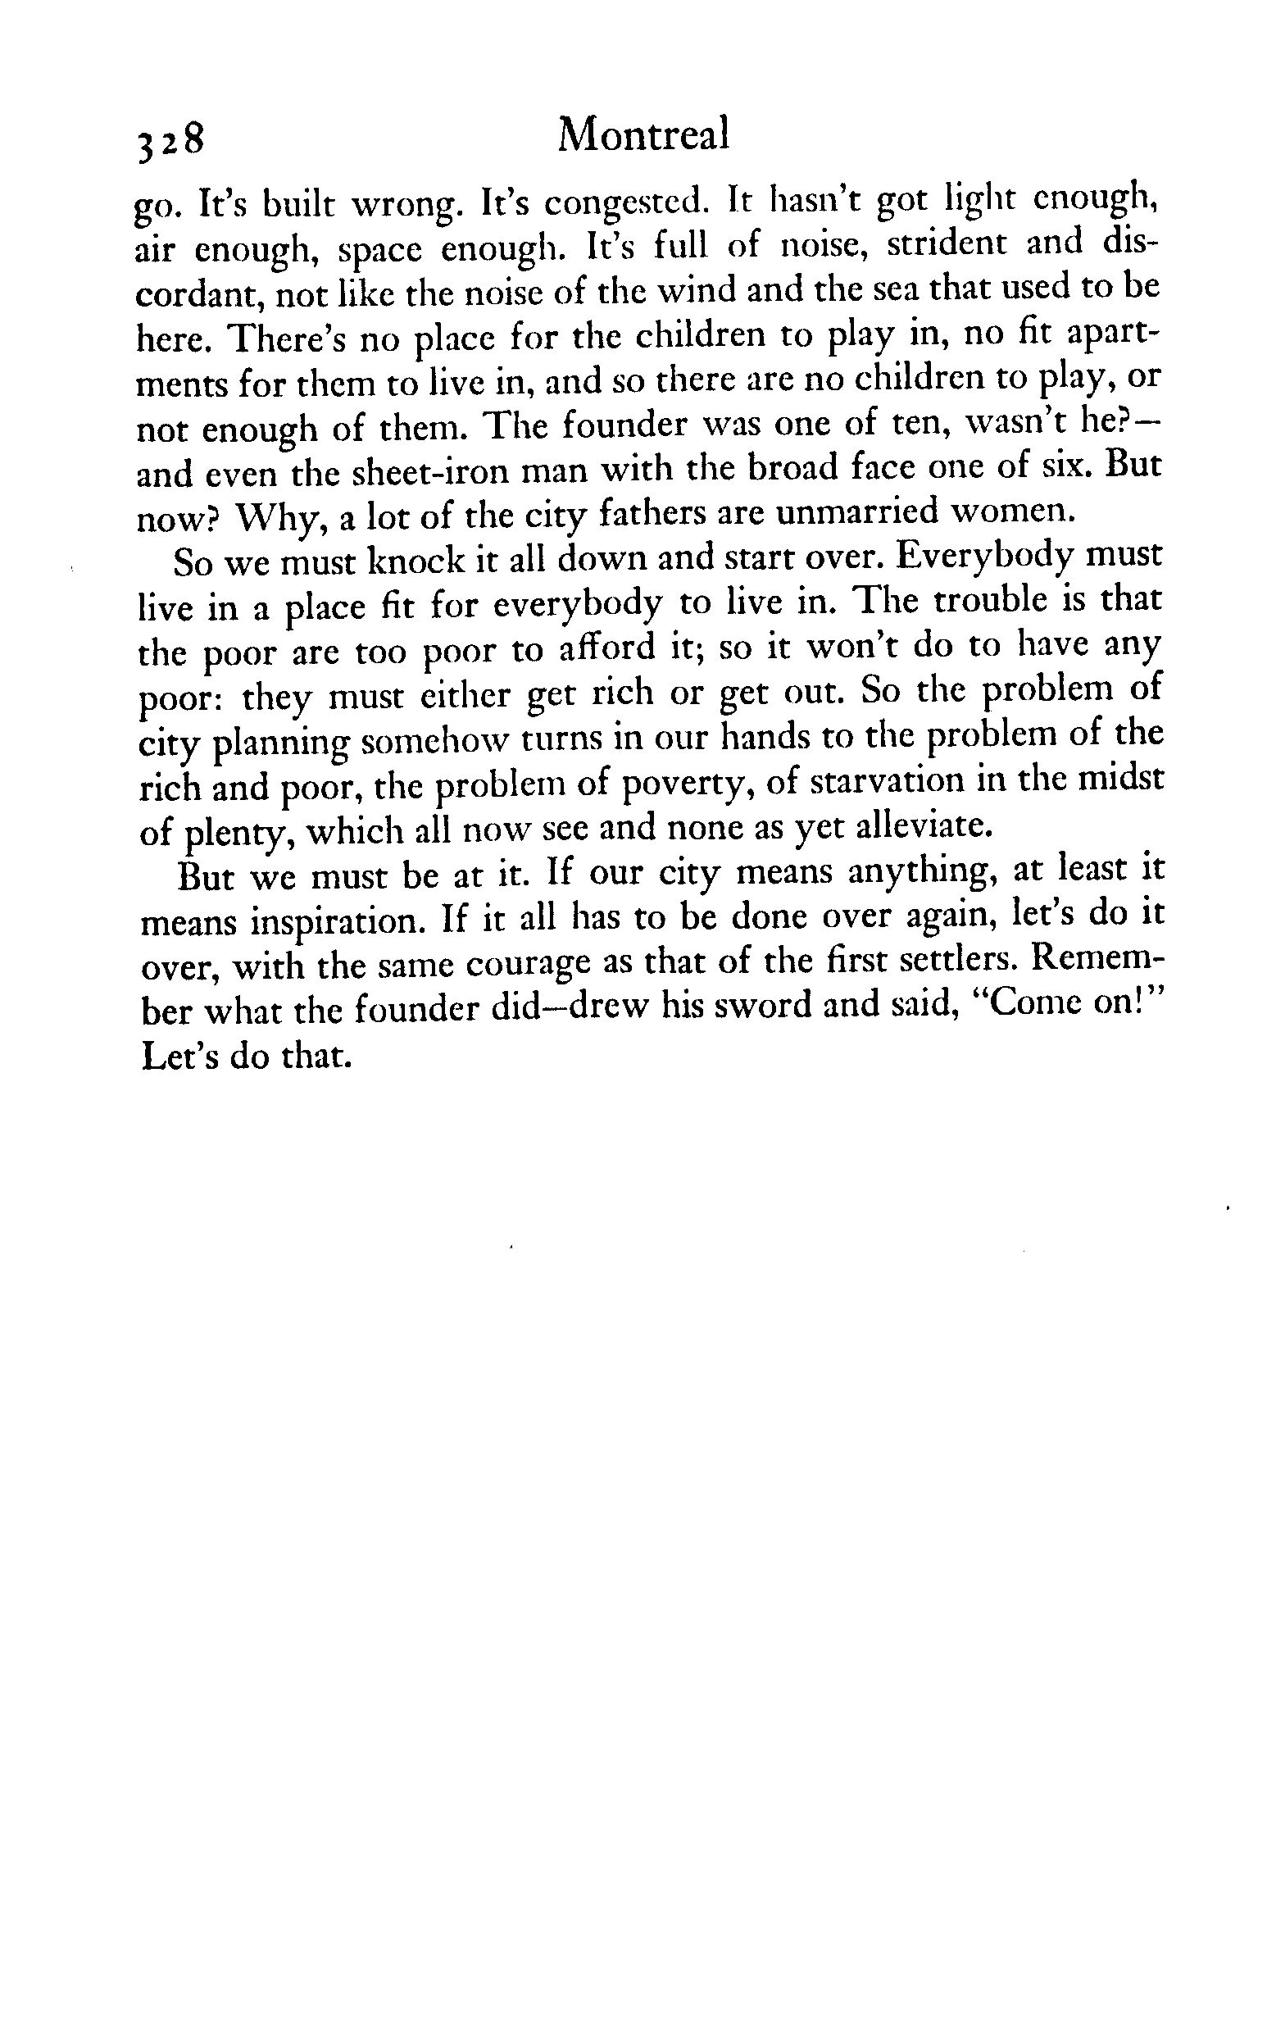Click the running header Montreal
pos(643,135)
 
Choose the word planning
pos(283,742)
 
